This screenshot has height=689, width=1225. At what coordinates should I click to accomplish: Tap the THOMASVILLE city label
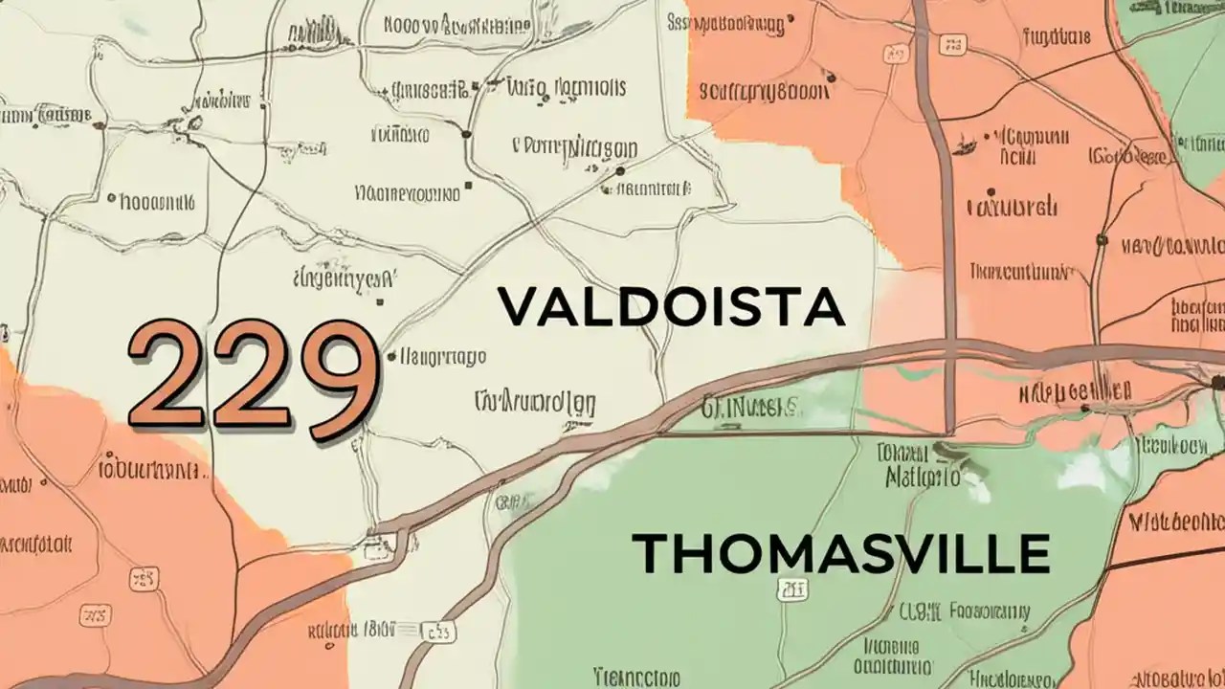point(841,553)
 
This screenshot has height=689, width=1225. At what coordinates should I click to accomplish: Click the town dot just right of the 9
point(391,357)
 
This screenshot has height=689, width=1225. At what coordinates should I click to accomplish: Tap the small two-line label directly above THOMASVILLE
point(916,463)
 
